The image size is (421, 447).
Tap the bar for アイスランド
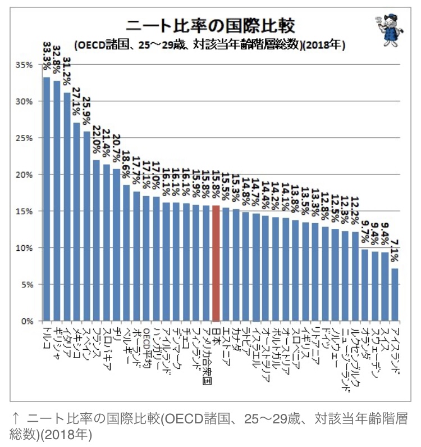(x=395, y=295)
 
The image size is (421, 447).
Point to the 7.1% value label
(x=395, y=249)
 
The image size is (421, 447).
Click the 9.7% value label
(x=365, y=231)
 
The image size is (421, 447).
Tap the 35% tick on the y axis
(x=25, y=65)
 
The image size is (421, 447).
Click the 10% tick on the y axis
(x=25, y=248)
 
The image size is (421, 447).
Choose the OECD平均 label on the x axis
(x=147, y=346)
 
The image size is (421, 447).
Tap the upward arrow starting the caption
(x=16, y=418)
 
